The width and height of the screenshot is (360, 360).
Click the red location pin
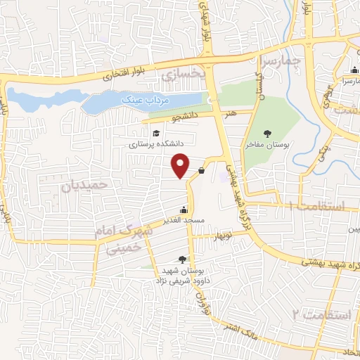pyautogui.click(x=181, y=165)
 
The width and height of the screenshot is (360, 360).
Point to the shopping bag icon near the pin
pyautogui.click(x=202, y=169)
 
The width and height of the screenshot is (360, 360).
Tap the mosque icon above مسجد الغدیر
pyautogui.click(x=184, y=210)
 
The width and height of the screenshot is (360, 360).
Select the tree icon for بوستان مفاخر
pyautogui.click(x=267, y=133)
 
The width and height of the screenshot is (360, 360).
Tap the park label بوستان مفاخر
pyautogui.click(x=267, y=143)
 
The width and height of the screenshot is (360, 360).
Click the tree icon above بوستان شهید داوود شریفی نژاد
pyautogui.click(x=184, y=259)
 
